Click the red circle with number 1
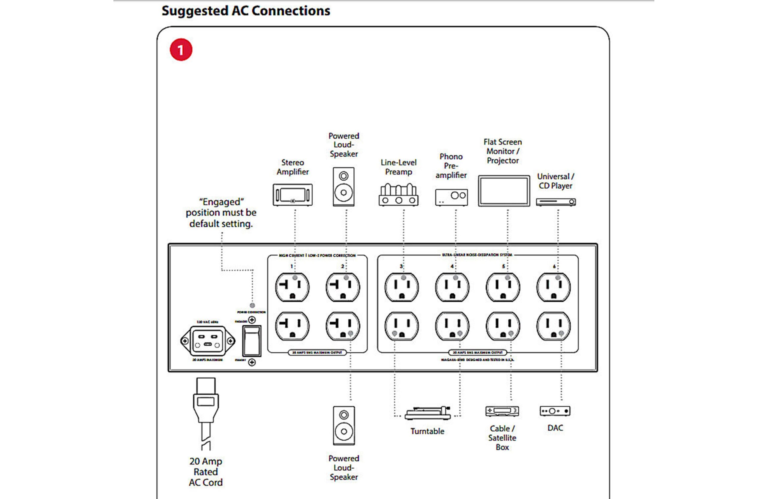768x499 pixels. pyautogui.click(x=181, y=50)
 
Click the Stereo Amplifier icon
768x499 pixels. pyautogui.click(x=292, y=195)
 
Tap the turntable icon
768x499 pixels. pyautogui.click(x=427, y=413)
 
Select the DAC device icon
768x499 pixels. pyautogui.click(x=555, y=411)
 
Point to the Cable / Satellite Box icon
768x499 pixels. pyautogui.click(x=502, y=411)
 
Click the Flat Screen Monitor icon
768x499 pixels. pyautogui.click(x=504, y=191)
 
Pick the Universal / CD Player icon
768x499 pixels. pyautogui.click(x=556, y=202)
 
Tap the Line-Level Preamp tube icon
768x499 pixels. pyautogui.click(x=398, y=195)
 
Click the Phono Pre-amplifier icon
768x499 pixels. pyautogui.click(x=451, y=197)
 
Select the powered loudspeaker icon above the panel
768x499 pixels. pyautogui.click(x=344, y=187)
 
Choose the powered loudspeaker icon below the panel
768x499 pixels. pyautogui.click(x=344, y=426)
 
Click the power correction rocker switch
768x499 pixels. pyautogui.click(x=252, y=341)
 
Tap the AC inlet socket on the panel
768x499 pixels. pyautogui.click(x=208, y=341)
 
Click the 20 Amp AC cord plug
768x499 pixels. pyautogui.click(x=205, y=402)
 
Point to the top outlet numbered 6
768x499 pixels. pyautogui.click(x=553, y=287)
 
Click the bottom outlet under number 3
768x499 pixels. pyautogui.click(x=401, y=326)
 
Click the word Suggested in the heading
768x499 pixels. pyautogui.click(x=195, y=11)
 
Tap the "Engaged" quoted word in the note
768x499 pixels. pyautogui.click(x=221, y=202)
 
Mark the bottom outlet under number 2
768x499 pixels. pyautogui.click(x=343, y=326)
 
